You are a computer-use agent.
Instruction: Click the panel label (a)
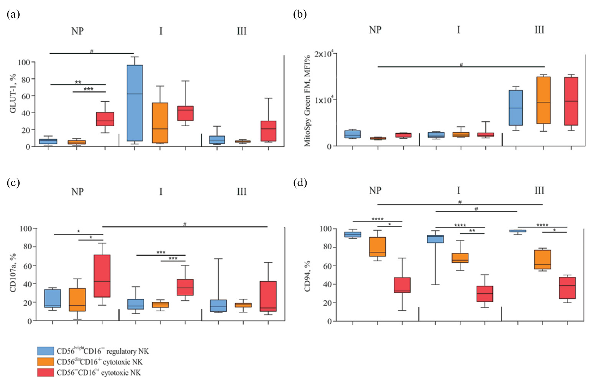[x=13, y=15]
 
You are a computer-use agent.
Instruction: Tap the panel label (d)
[x=300, y=182]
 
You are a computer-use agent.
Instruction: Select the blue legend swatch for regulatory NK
[x=45, y=351]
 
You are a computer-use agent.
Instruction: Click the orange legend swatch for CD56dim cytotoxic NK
[x=45, y=362]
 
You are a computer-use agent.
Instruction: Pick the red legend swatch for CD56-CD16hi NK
[x=45, y=372]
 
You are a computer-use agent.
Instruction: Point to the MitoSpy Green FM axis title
[x=307, y=101]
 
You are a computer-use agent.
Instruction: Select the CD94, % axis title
[x=307, y=276]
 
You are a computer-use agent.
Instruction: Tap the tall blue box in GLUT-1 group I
[x=135, y=103]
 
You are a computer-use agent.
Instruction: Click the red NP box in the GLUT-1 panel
[x=105, y=119]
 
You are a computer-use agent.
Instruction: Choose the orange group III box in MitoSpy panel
[x=543, y=100]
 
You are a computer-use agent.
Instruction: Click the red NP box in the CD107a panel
[x=102, y=276]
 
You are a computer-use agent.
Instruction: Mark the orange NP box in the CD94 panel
[x=378, y=247]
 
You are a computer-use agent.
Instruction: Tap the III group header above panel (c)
[x=241, y=192]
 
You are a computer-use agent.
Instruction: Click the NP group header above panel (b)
[x=375, y=30]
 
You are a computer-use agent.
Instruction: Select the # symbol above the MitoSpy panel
[x=461, y=64]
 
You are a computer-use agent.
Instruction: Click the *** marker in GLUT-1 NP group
[x=89, y=89]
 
